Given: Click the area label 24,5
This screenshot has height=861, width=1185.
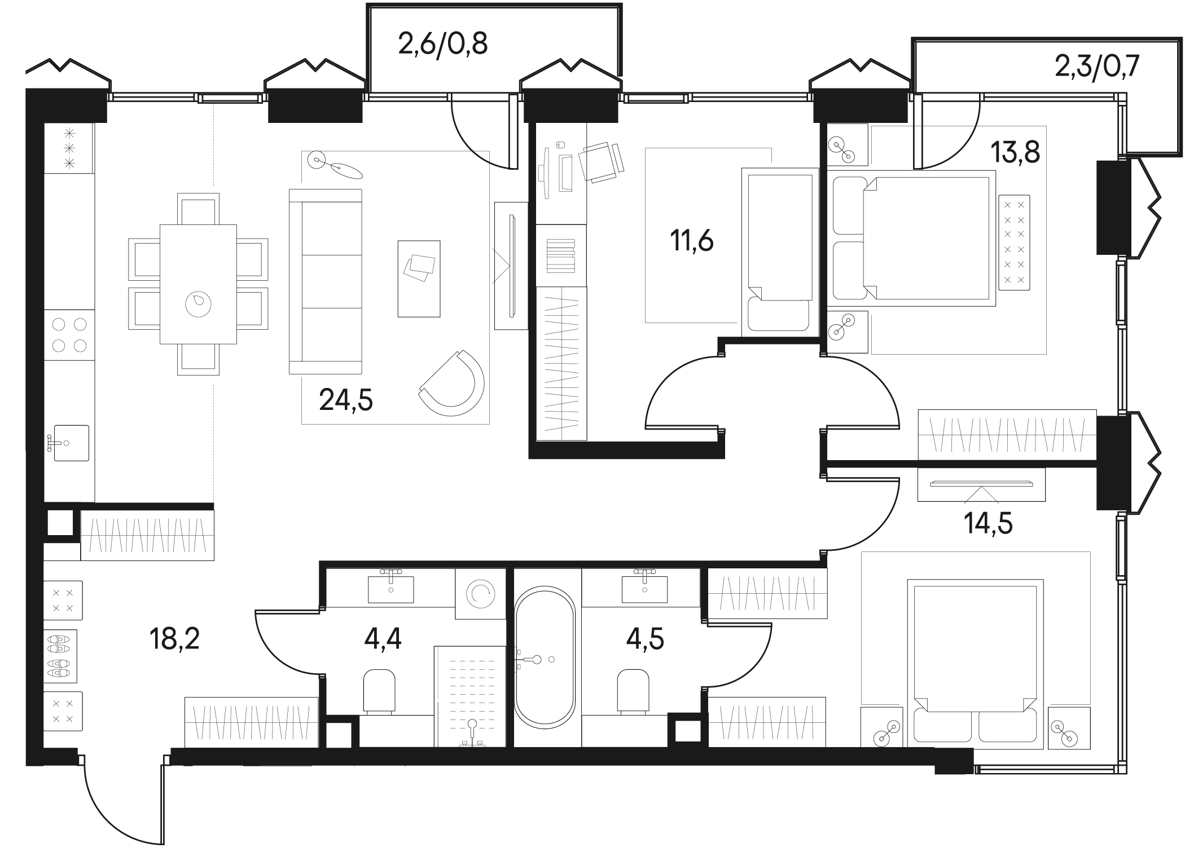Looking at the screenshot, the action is [346, 400].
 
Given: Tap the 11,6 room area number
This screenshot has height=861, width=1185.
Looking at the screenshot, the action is [692, 241].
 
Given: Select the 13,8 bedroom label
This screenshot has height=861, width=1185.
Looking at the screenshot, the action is [1016, 152].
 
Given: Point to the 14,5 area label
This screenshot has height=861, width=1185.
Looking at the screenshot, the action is [988, 523].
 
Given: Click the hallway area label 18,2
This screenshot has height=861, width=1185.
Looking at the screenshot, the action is [174, 639].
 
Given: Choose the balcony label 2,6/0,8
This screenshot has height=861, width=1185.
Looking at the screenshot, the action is [442, 43].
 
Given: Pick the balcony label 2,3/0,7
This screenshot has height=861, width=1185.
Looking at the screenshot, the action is [1097, 68].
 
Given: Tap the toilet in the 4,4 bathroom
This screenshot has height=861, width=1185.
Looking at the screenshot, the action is [379, 691].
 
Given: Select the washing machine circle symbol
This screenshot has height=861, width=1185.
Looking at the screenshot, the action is [480, 593].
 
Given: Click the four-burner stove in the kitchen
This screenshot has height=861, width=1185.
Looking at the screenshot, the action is [69, 334].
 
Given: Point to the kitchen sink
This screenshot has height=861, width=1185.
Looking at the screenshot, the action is [71, 443].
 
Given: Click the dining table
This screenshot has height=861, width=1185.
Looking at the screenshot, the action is [198, 284].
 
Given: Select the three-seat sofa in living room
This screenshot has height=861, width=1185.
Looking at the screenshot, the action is [325, 281].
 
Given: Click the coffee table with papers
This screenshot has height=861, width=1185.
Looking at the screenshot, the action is [419, 279].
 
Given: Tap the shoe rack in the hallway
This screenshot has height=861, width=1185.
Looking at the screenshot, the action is [60, 656].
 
